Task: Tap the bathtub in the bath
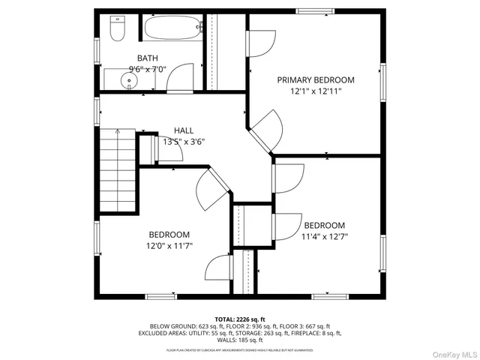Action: click(x=172, y=30)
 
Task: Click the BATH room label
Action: click(x=148, y=58)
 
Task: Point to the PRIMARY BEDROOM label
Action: click(x=316, y=79)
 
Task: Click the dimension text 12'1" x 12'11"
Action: click(x=316, y=91)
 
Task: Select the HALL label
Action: click(x=184, y=130)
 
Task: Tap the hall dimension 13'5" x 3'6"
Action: click(x=184, y=141)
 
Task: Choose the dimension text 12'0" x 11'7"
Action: click(x=169, y=245)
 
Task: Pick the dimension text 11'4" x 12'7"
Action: click(x=324, y=236)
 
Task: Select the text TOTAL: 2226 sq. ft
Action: click(x=240, y=319)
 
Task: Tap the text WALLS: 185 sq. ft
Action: click(x=239, y=340)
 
